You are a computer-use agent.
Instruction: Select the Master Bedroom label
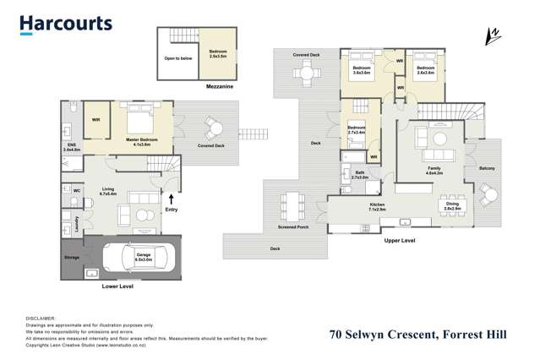[x=138, y=142]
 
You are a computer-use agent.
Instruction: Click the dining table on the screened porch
[x=293, y=204]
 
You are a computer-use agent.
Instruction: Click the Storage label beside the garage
[x=71, y=257]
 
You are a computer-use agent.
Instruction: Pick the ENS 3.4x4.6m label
[x=72, y=147]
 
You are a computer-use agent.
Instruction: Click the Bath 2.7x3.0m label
[x=359, y=176]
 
